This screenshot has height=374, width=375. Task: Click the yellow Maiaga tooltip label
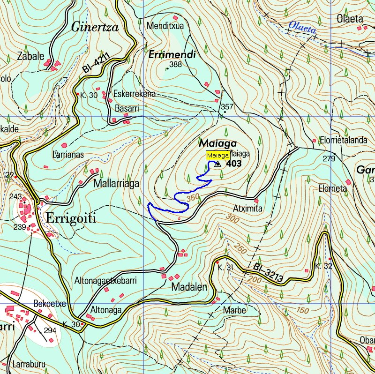[218, 156]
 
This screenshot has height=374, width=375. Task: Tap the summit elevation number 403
[234, 164]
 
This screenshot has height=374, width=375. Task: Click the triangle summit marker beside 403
[217, 164]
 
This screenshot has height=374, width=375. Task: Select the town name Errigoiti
[71, 218]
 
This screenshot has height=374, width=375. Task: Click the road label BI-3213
[269, 274]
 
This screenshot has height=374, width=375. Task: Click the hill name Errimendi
[172, 55]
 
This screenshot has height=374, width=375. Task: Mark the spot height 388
[175, 65]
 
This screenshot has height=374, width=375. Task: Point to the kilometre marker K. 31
[225, 268]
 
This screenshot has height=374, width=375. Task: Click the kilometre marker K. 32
[323, 266]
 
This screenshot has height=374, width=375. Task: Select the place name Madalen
[189, 287]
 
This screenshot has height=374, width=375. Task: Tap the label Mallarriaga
[116, 183]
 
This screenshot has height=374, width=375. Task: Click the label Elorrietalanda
[343, 140]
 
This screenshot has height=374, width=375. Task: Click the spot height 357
[227, 107]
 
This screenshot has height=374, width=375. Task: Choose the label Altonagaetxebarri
[105, 281]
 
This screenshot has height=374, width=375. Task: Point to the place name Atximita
[247, 208]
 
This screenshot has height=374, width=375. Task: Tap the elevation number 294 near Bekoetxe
[50, 330]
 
